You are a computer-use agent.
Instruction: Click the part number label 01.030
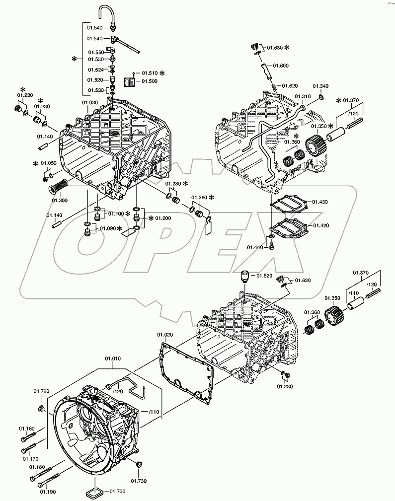(x=90, y=103)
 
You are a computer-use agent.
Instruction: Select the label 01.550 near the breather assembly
(x=96, y=52)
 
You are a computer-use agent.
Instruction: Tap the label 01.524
(x=96, y=70)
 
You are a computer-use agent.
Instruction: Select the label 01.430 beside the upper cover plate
(x=320, y=202)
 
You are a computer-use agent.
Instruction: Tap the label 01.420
(x=320, y=225)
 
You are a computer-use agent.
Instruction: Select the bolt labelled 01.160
(x=29, y=438)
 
